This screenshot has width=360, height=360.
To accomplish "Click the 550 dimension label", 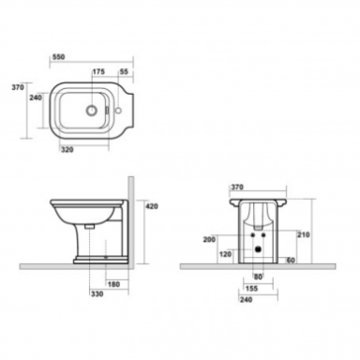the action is pos(59,57).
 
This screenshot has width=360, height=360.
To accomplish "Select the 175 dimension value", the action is pos(98,71).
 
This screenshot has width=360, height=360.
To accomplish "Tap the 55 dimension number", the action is pos(124,71).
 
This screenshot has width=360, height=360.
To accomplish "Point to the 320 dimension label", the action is pos(67,150).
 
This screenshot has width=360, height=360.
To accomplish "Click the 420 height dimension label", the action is pos(152,206).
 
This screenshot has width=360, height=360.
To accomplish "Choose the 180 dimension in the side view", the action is pos(113,284).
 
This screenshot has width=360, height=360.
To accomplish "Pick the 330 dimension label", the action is pos(97,293).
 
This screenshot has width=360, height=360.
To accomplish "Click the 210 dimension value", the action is pos(304,234).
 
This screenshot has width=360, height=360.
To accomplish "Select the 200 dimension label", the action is pos(209,239).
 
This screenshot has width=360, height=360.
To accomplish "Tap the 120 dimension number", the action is pos(225,254).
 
